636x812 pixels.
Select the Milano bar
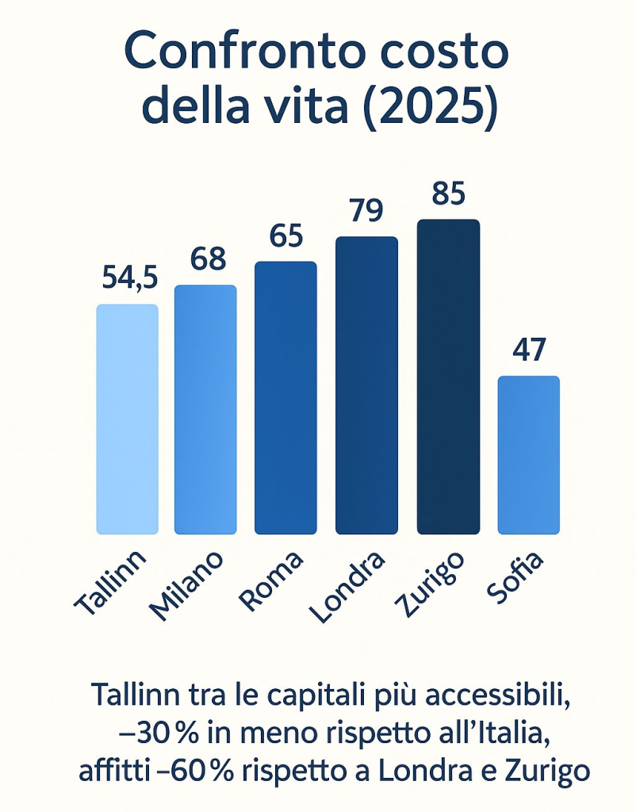pos(205,409)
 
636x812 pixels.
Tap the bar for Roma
pos(285,397)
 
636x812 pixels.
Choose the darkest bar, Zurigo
pos(448,376)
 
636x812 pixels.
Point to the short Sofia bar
pos(529,454)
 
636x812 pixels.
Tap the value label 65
pos(287,236)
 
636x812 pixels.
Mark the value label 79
pos(366,211)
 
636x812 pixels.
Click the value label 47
pos(529,350)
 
